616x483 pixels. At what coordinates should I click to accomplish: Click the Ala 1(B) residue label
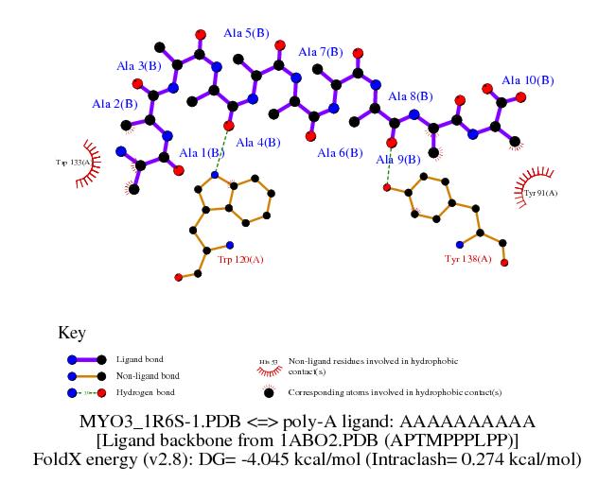(x=202, y=153)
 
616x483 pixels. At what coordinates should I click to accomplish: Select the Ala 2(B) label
(x=114, y=103)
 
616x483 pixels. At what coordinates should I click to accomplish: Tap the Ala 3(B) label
(x=138, y=66)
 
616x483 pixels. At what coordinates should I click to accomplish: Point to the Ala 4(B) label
(x=257, y=143)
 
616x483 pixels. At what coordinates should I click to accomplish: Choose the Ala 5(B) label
(x=245, y=33)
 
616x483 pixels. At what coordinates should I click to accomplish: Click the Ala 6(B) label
(x=340, y=153)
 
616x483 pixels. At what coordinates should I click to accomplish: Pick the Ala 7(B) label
(x=320, y=51)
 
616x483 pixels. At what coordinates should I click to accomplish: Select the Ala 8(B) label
(x=409, y=96)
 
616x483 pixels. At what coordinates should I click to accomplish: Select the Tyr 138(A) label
(x=467, y=258)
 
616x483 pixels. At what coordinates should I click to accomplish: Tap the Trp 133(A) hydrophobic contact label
(x=74, y=162)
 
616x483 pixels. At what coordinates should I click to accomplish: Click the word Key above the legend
(x=72, y=333)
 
